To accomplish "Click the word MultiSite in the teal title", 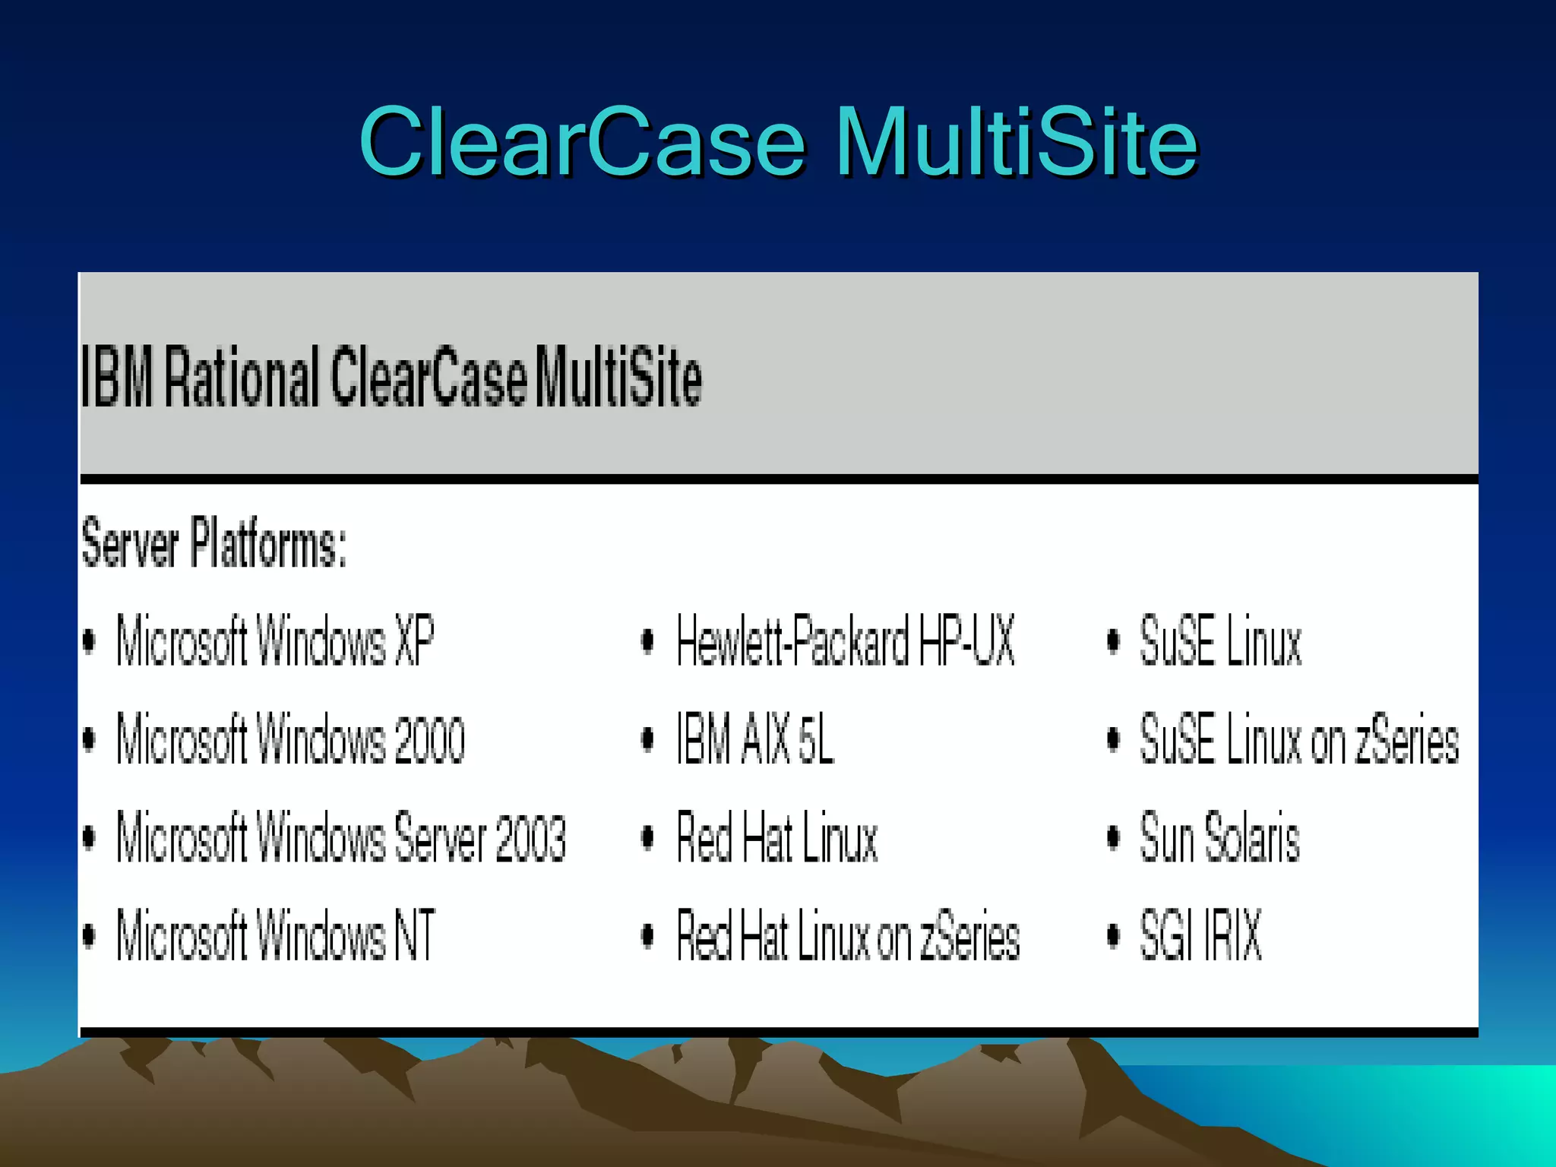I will [x=1016, y=142].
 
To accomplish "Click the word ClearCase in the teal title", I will [x=582, y=142].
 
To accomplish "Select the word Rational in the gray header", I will [x=242, y=377].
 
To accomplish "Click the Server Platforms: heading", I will [x=214, y=542].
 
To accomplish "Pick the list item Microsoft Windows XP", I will [x=275, y=640].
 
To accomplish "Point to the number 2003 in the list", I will [x=530, y=838].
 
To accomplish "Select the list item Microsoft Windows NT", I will [x=275, y=935].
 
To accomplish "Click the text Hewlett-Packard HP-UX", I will [x=845, y=640].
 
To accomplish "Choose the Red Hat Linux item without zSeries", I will [x=776, y=837].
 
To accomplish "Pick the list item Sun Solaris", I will [x=1219, y=837].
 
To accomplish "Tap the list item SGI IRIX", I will [x=1200, y=935].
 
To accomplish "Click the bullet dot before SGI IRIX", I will [x=1113, y=935].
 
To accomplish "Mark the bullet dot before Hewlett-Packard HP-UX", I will [x=647, y=640].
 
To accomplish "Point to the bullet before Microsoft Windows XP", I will [x=89, y=640].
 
